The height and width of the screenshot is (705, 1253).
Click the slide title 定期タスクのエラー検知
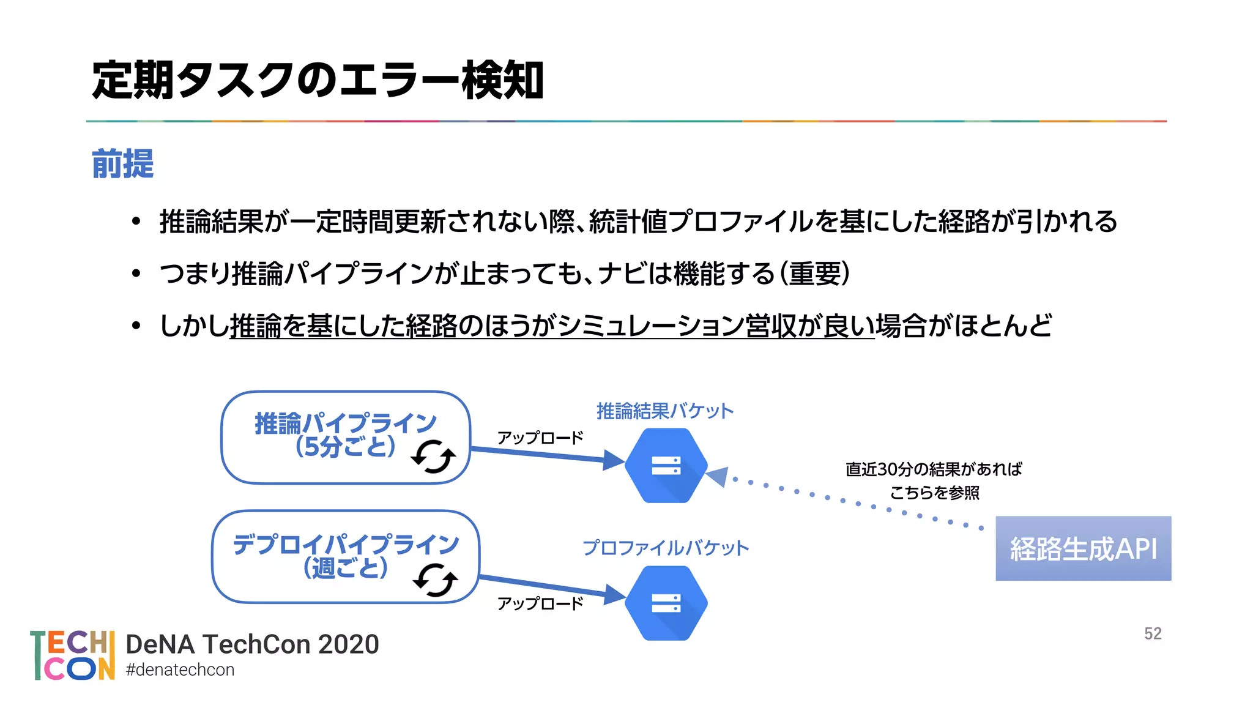click(x=318, y=80)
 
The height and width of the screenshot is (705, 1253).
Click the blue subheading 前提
click(x=122, y=164)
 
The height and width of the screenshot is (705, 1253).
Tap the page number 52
click(x=1153, y=633)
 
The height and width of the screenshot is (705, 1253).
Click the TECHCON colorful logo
click(x=72, y=655)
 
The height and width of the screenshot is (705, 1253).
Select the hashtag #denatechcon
click(x=180, y=670)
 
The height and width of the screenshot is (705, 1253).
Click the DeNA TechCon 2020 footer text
click(x=252, y=644)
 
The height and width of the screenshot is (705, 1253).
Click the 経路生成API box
click(x=1083, y=548)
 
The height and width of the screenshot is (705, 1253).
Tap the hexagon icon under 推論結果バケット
click(x=666, y=466)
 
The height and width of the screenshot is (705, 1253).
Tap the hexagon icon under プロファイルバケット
click(x=666, y=603)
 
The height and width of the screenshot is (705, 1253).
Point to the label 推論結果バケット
click(x=665, y=411)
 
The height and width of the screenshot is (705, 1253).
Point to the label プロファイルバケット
click(x=665, y=548)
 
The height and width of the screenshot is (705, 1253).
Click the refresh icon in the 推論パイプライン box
click(x=433, y=457)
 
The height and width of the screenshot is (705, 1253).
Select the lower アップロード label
click(x=540, y=604)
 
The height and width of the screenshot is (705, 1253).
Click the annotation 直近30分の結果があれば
click(x=934, y=469)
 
